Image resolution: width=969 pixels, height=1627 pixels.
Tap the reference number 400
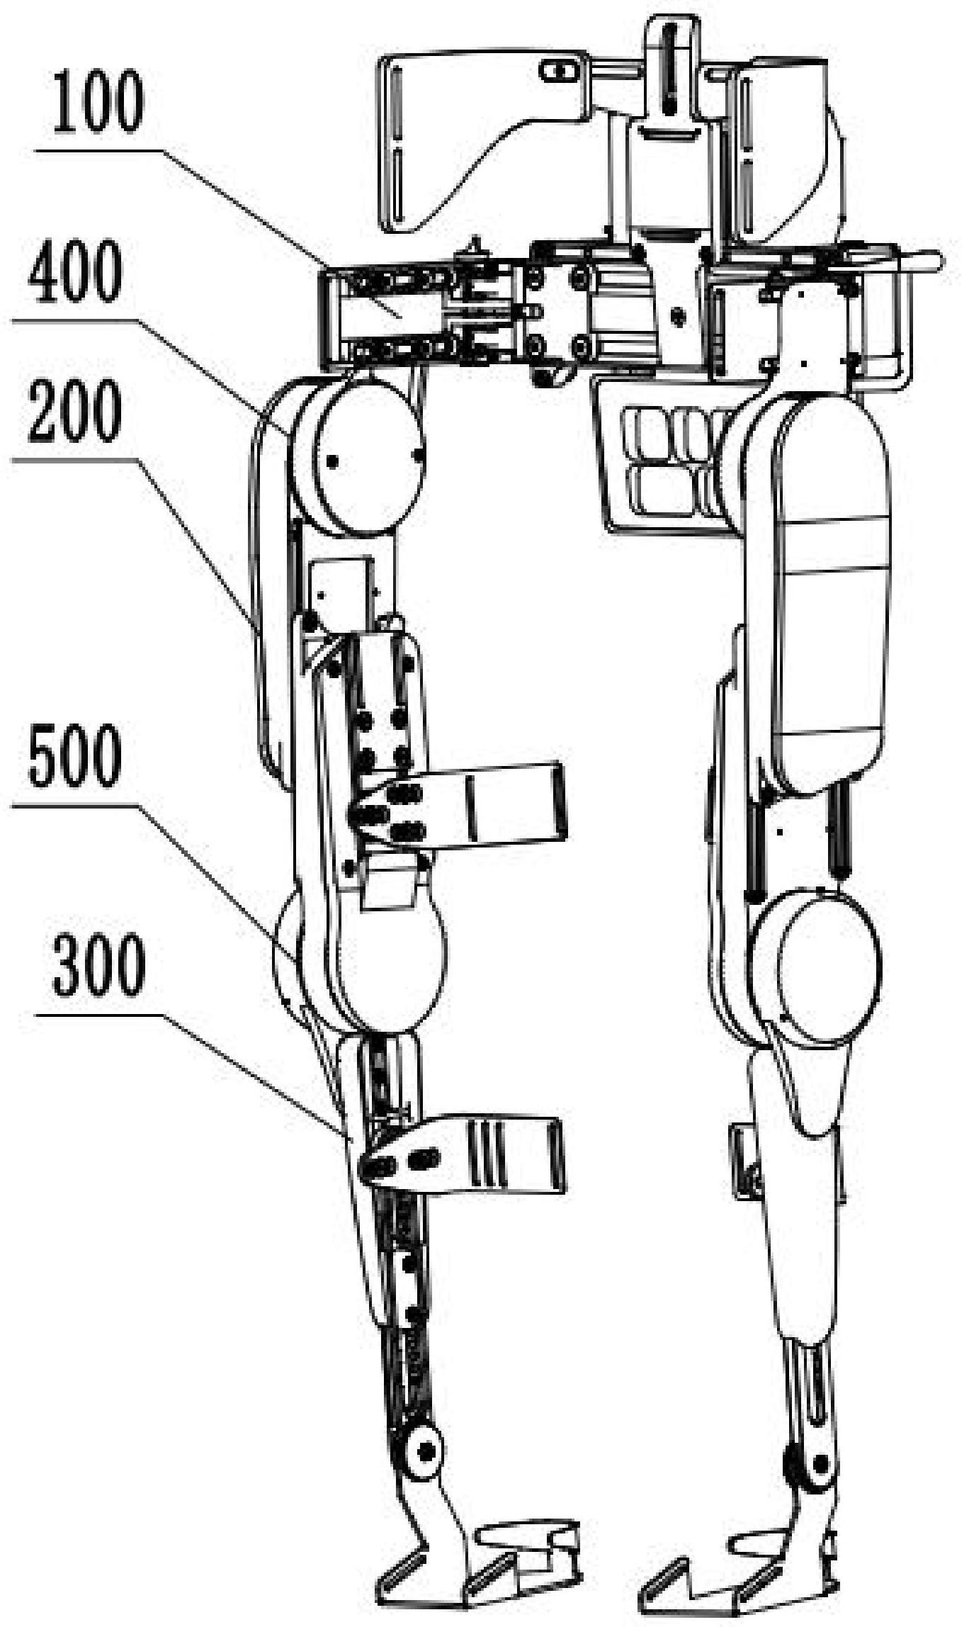(75, 274)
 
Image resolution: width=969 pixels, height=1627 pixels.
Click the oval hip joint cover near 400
(370, 458)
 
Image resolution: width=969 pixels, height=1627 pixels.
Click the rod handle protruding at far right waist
(921, 263)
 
